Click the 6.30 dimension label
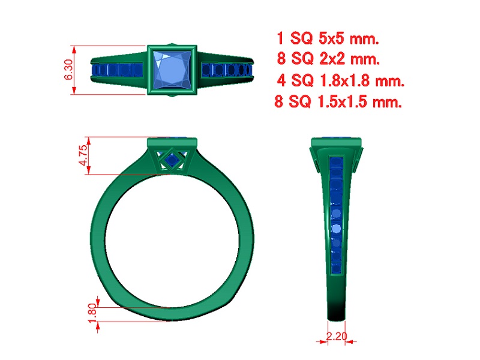(68, 70)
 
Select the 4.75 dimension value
(83, 155)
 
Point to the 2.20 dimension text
(337, 336)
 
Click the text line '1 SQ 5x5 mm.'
(328, 38)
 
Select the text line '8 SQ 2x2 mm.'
(328, 58)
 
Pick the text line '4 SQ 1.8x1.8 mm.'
(340, 80)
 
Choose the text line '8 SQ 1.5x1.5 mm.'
(338, 101)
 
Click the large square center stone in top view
(172, 70)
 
